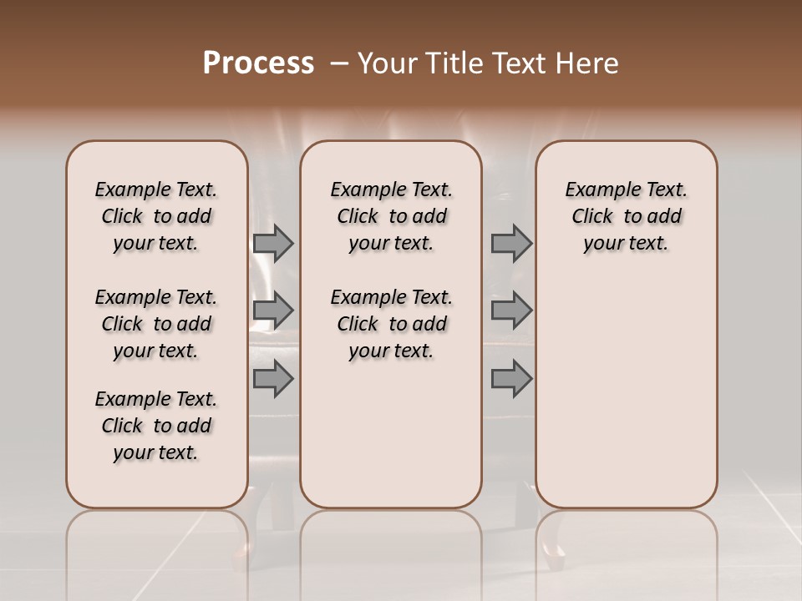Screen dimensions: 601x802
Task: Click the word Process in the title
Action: [x=258, y=63]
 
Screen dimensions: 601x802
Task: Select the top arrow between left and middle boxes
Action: [x=273, y=243]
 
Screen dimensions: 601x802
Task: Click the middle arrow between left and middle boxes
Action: [x=273, y=311]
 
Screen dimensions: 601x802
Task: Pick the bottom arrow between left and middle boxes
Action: [x=273, y=379]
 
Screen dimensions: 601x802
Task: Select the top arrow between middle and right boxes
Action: [x=511, y=243]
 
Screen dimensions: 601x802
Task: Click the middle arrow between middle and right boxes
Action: [x=511, y=311]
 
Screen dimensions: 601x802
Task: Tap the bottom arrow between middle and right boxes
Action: [x=511, y=379]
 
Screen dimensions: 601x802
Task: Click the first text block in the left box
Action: [x=156, y=216]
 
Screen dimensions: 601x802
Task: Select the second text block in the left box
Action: [x=156, y=324]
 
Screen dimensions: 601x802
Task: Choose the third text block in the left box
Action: [x=156, y=426]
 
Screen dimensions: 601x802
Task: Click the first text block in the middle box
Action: [x=391, y=216]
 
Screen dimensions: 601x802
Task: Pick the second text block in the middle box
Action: [x=391, y=324]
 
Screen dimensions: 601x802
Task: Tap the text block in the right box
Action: [x=626, y=216]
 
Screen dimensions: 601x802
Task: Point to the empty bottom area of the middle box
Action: [x=391, y=442]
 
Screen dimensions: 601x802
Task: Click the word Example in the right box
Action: [x=596, y=189]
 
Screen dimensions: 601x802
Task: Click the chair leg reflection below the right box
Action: [x=553, y=547]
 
